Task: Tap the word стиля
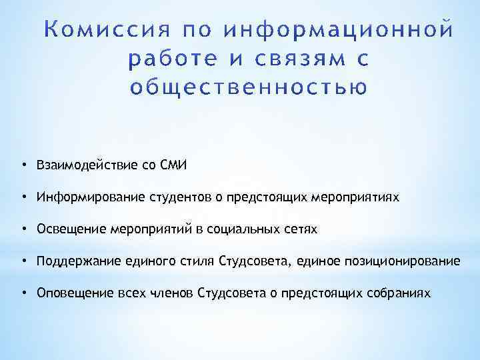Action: click(x=199, y=261)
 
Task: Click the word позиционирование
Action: click(x=401, y=261)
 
